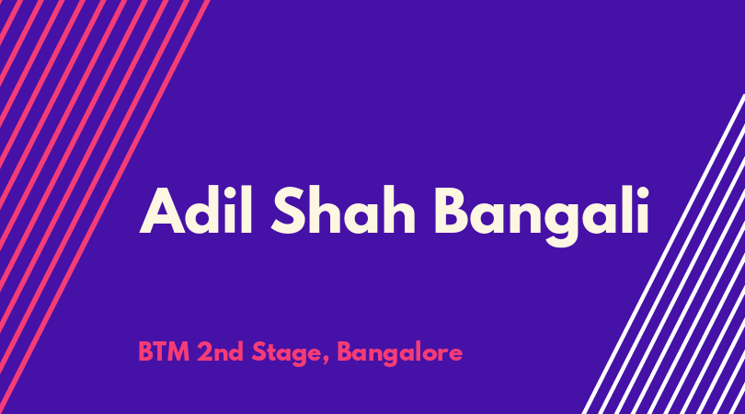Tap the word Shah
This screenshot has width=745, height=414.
[343, 211]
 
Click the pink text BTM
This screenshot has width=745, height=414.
[164, 352]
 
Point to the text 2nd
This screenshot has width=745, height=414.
[221, 352]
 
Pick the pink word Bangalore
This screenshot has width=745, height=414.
[399, 353]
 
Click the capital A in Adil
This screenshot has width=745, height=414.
[162, 211]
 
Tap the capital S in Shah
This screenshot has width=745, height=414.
[289, 211]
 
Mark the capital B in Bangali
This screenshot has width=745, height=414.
[453, 211]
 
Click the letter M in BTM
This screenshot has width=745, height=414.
[178, 352]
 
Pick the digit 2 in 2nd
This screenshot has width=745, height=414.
[205, 351]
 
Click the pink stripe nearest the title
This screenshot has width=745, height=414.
[105, 207]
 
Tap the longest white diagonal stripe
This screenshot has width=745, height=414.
[663, 254]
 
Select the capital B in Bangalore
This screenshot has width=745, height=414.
[346, 352]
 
